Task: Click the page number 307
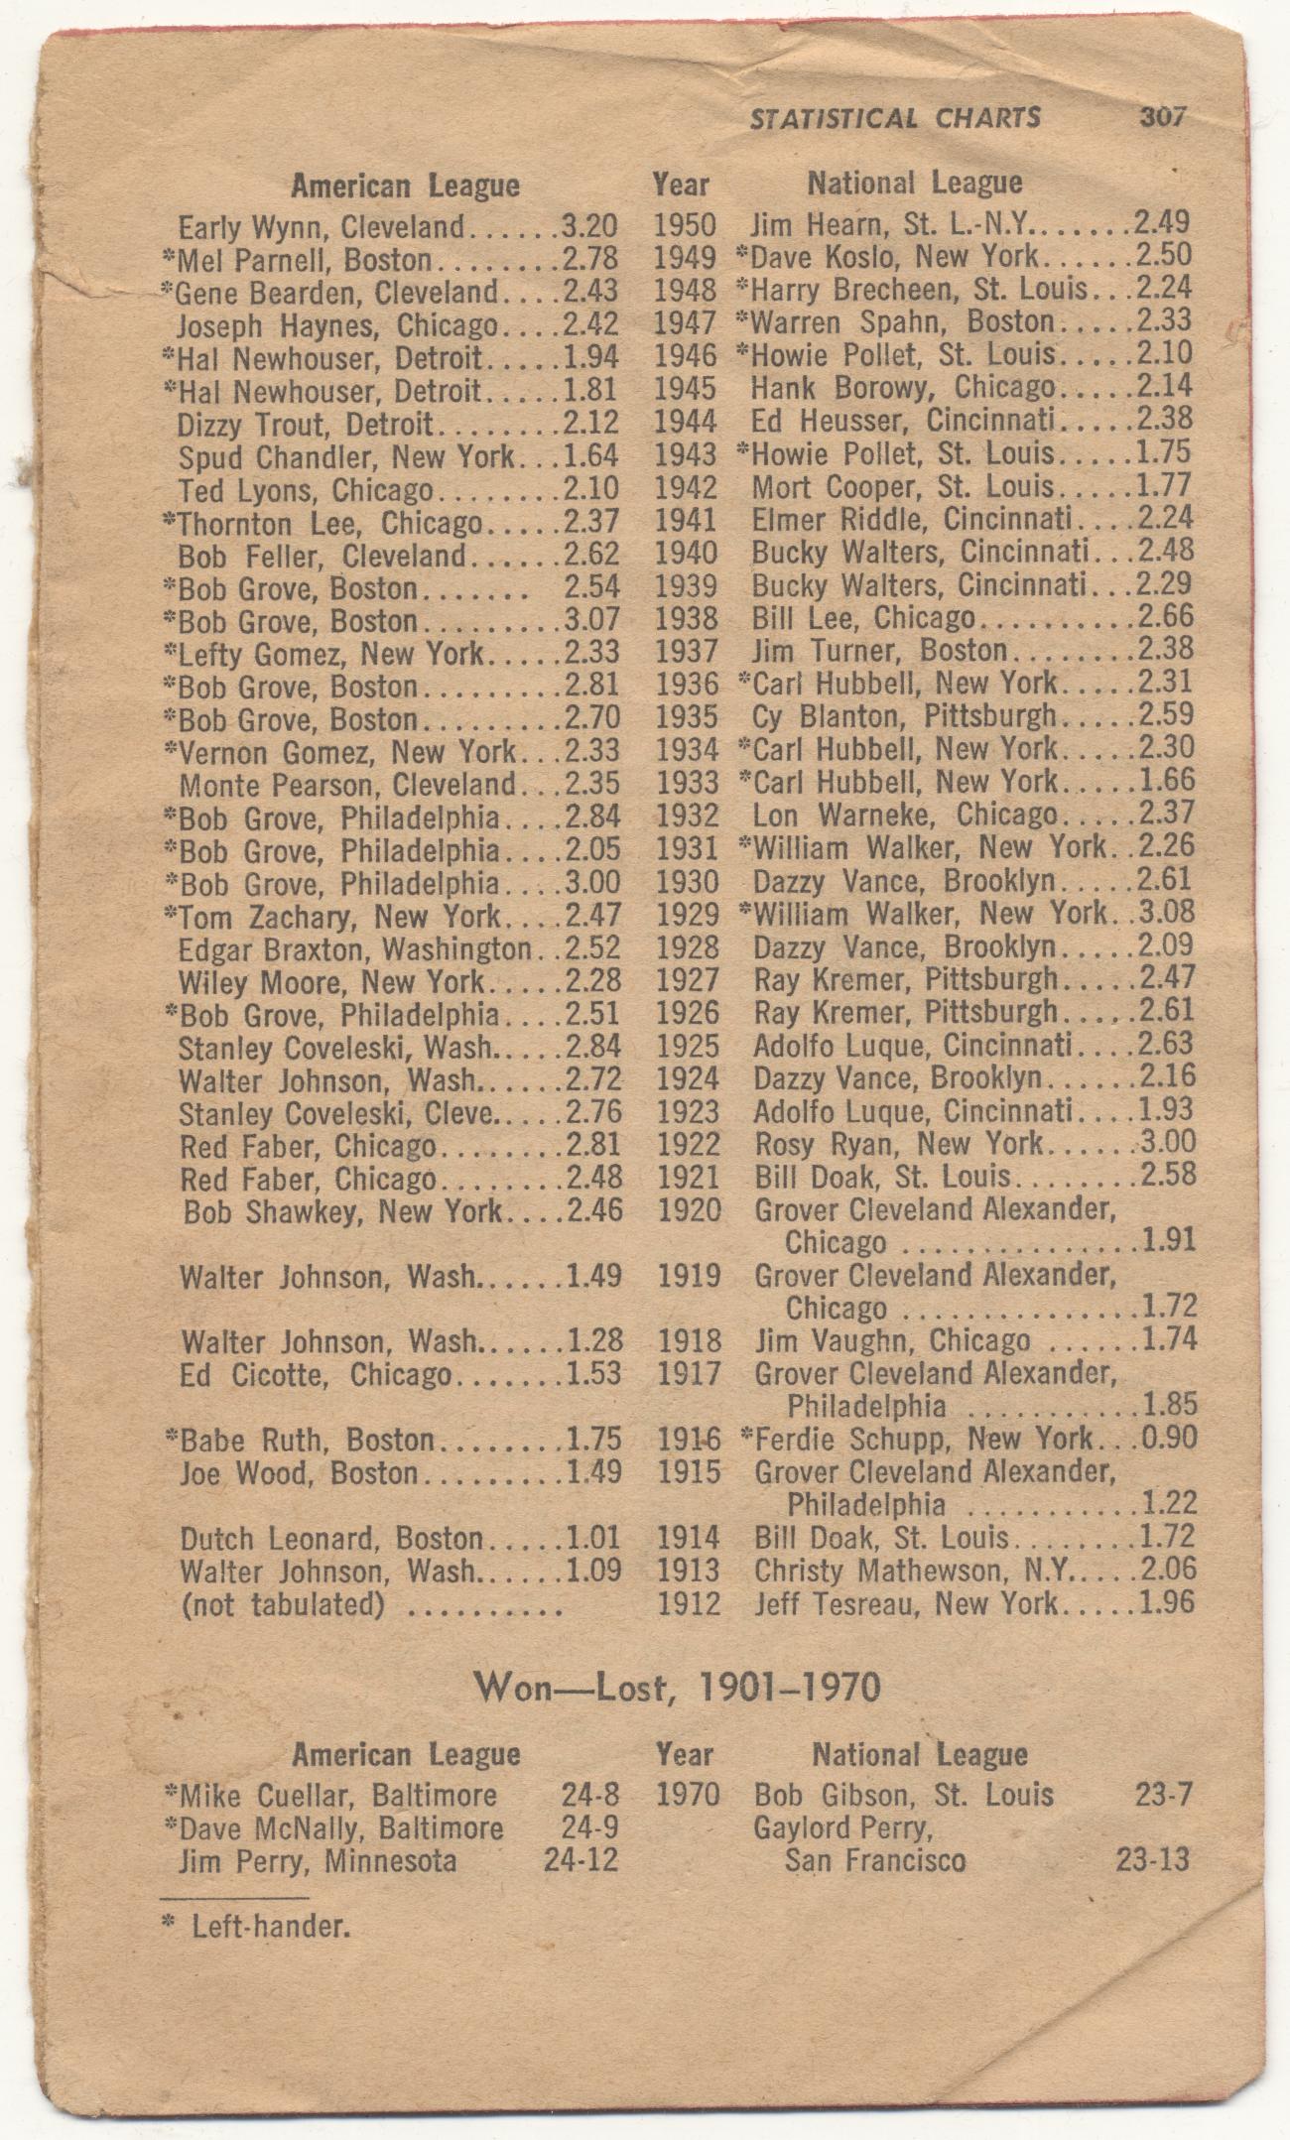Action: click(1162, 118)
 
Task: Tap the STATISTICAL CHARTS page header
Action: click(895, 119)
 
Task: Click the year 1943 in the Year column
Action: click(685, 454)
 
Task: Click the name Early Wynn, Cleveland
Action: click(320, 228)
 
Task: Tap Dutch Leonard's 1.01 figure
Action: click(593, 1539)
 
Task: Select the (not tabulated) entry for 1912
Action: click(282, 1604)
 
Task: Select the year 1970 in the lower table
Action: click(687, 1795)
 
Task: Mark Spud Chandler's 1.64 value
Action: click(590, 455)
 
